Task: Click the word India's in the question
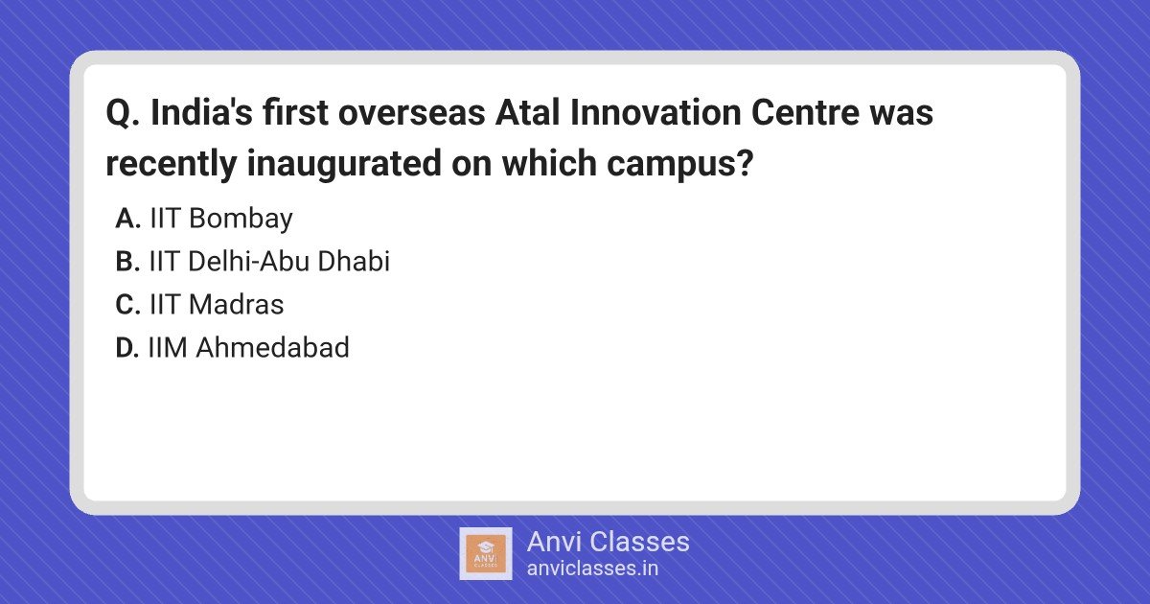201,112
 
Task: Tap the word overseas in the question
411,113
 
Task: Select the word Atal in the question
527,112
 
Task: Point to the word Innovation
655,112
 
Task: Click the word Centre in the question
805,113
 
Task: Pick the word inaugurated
344,163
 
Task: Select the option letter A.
127,219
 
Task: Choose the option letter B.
127,261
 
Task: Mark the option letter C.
127,304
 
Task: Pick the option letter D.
126,347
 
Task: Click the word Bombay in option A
241,220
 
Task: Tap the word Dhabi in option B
354,261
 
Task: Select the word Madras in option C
236,304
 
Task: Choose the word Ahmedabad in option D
272,347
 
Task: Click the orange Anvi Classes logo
485,554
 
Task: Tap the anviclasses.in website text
592,569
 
